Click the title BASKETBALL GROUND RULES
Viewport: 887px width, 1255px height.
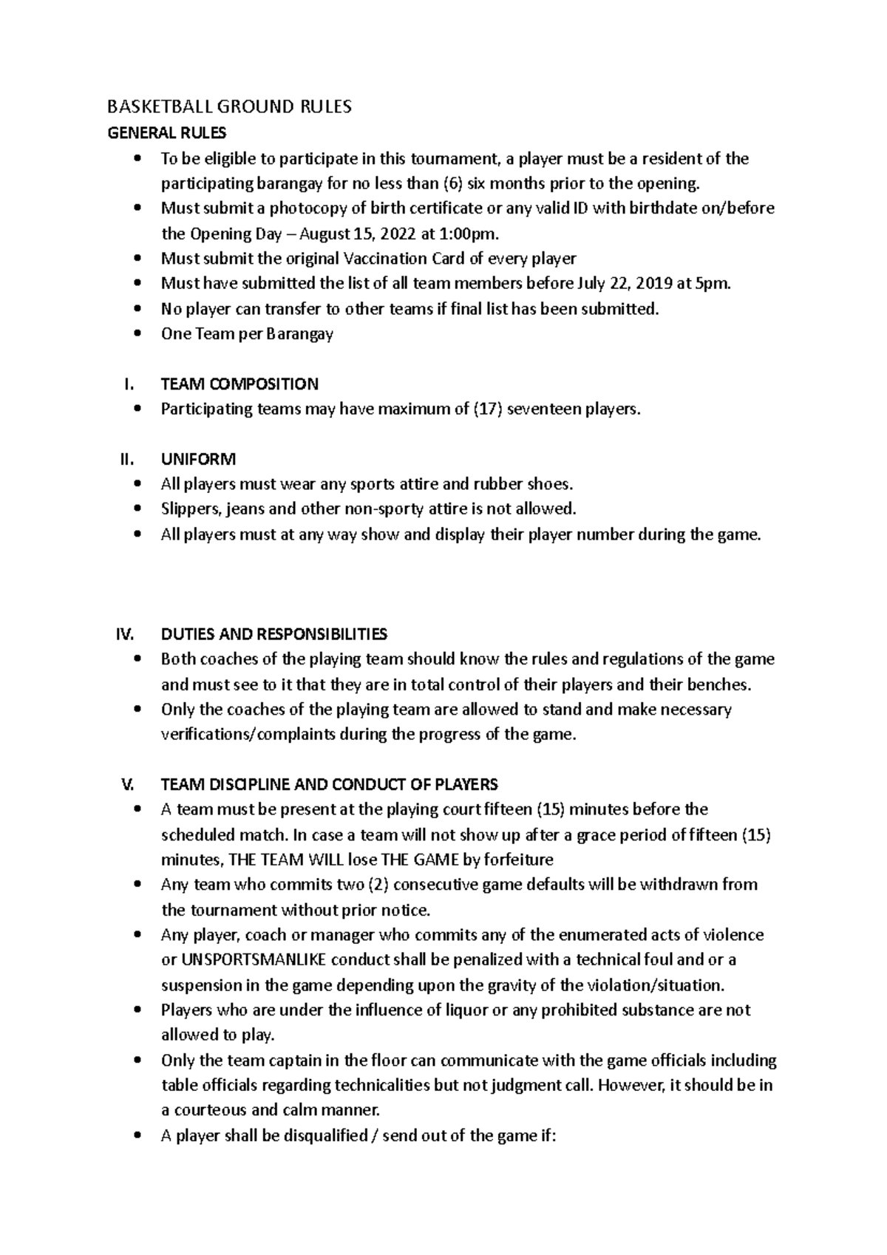(x=229, y=107)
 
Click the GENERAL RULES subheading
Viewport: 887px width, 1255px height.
(x=167, y=133)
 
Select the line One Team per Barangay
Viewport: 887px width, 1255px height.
(x=247, y=334)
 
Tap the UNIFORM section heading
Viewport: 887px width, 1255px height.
(x=198, y=460)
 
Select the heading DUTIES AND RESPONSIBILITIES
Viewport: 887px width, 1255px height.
(x=273, y=634)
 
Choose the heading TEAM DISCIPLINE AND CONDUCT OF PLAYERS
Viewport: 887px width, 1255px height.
(x=329, y=784)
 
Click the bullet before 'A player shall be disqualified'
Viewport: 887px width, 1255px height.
(x=137, y=1137)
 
